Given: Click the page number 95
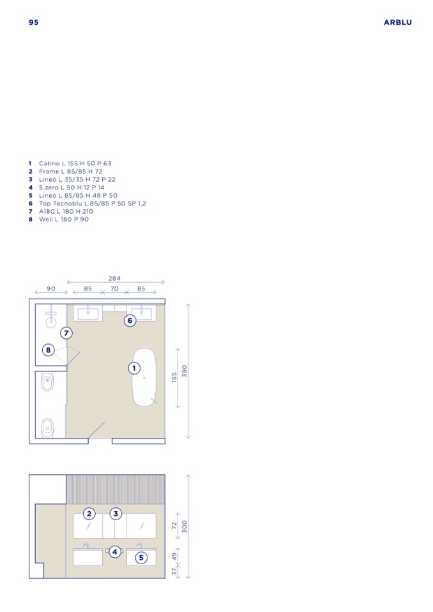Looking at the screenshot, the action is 34,22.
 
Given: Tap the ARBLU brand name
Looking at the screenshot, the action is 397,22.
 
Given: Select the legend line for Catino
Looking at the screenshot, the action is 70,163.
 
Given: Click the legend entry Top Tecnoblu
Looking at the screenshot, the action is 87,204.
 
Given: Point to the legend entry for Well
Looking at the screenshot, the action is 59,220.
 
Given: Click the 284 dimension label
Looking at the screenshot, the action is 114,278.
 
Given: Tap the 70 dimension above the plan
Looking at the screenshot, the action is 114,289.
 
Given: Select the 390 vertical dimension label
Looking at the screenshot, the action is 185,371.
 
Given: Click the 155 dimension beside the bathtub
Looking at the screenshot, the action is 174,377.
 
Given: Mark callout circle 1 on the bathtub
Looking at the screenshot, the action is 134,368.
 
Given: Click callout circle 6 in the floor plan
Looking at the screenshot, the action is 130,321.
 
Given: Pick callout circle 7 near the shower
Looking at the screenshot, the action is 66,333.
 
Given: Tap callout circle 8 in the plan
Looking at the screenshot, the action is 48,350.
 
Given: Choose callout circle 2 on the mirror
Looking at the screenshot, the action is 89,514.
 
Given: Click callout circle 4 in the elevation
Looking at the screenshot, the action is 115,552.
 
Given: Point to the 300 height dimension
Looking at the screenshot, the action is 185,526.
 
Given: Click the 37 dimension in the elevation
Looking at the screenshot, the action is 174,571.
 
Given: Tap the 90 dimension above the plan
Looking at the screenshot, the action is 51,289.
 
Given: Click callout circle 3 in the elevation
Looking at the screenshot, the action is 116,514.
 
